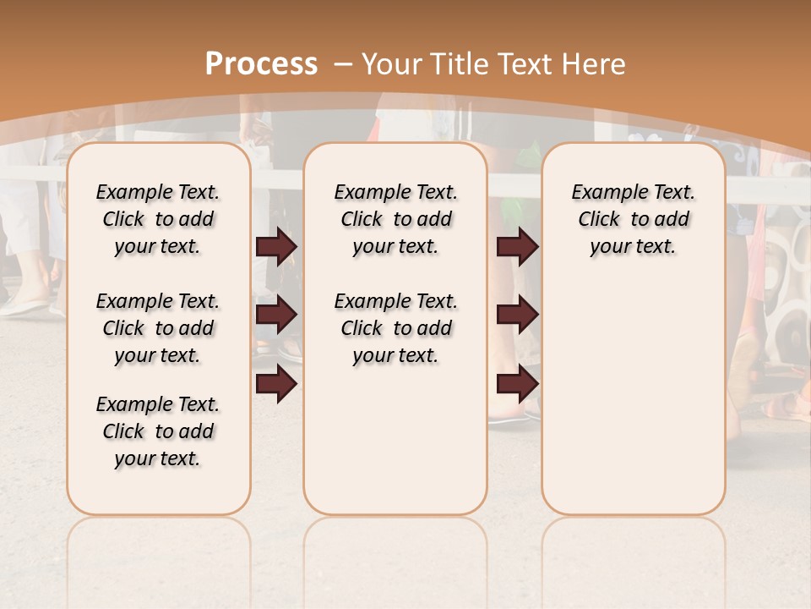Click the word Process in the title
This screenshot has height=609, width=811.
point(261,64)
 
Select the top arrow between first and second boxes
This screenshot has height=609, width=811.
point(276,246)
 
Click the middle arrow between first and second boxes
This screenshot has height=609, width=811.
point(276,315)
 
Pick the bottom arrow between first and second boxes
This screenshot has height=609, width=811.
point(276,383)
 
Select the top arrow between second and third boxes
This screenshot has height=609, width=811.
point(517,246)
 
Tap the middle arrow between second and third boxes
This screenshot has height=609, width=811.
point(517,315)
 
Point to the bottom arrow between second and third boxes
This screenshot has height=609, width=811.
point(517,383)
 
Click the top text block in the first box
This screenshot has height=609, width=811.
point(158,219)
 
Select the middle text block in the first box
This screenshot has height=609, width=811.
point(158,328)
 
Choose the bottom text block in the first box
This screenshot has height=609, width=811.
point(158,431)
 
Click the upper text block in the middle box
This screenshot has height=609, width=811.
point(395,219)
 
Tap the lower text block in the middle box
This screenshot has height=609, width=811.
point(395,328)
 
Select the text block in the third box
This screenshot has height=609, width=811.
point(633,219)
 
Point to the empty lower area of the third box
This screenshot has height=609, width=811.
point(633,398)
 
